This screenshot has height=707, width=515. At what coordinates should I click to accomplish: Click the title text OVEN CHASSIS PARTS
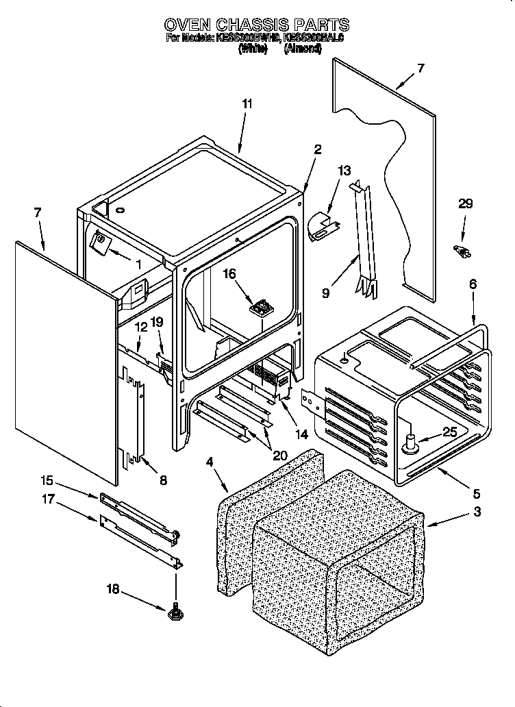click(x=257, y=25)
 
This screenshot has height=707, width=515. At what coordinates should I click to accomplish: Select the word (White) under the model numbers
click(x=252, y=49)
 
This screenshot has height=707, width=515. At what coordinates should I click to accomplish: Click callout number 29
click(x=465, y=204)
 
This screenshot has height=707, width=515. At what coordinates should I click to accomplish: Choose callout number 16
click(x=229, y=273)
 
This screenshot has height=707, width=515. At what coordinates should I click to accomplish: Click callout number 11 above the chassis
click(x=247, y=104)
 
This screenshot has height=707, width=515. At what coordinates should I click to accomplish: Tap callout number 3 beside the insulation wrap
click(x=477, y=511)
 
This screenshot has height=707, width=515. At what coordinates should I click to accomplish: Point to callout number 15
click(x=46, y=480)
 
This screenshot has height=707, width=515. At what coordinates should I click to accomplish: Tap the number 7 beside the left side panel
click(x=37, y=212)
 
